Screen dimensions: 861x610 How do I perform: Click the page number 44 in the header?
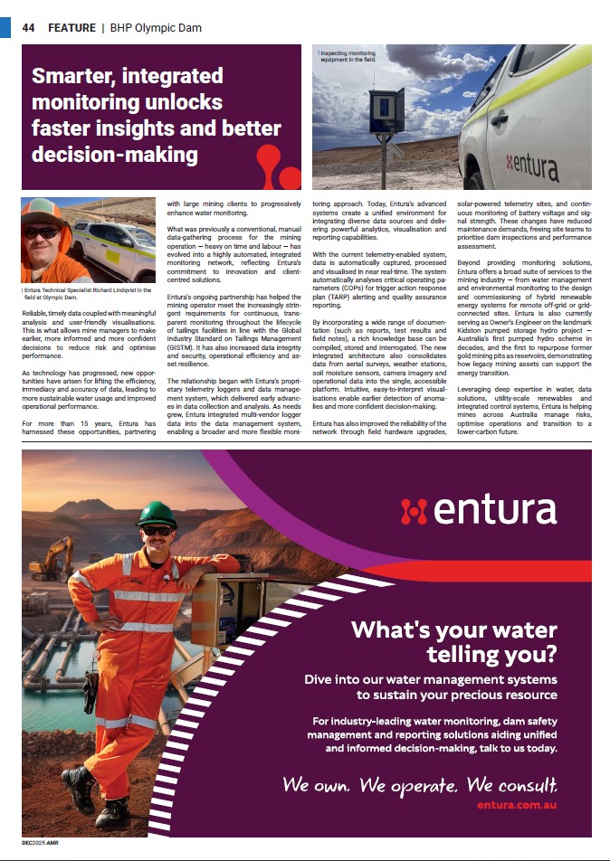[x=28, y=28]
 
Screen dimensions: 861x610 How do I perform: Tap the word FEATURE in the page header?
[x=71, y=28]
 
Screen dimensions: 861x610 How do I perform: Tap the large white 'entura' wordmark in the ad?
[x=479, y=511]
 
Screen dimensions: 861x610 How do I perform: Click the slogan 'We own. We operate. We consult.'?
[x=420, y=783]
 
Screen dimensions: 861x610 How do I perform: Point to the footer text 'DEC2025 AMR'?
[x=41, y=842]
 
